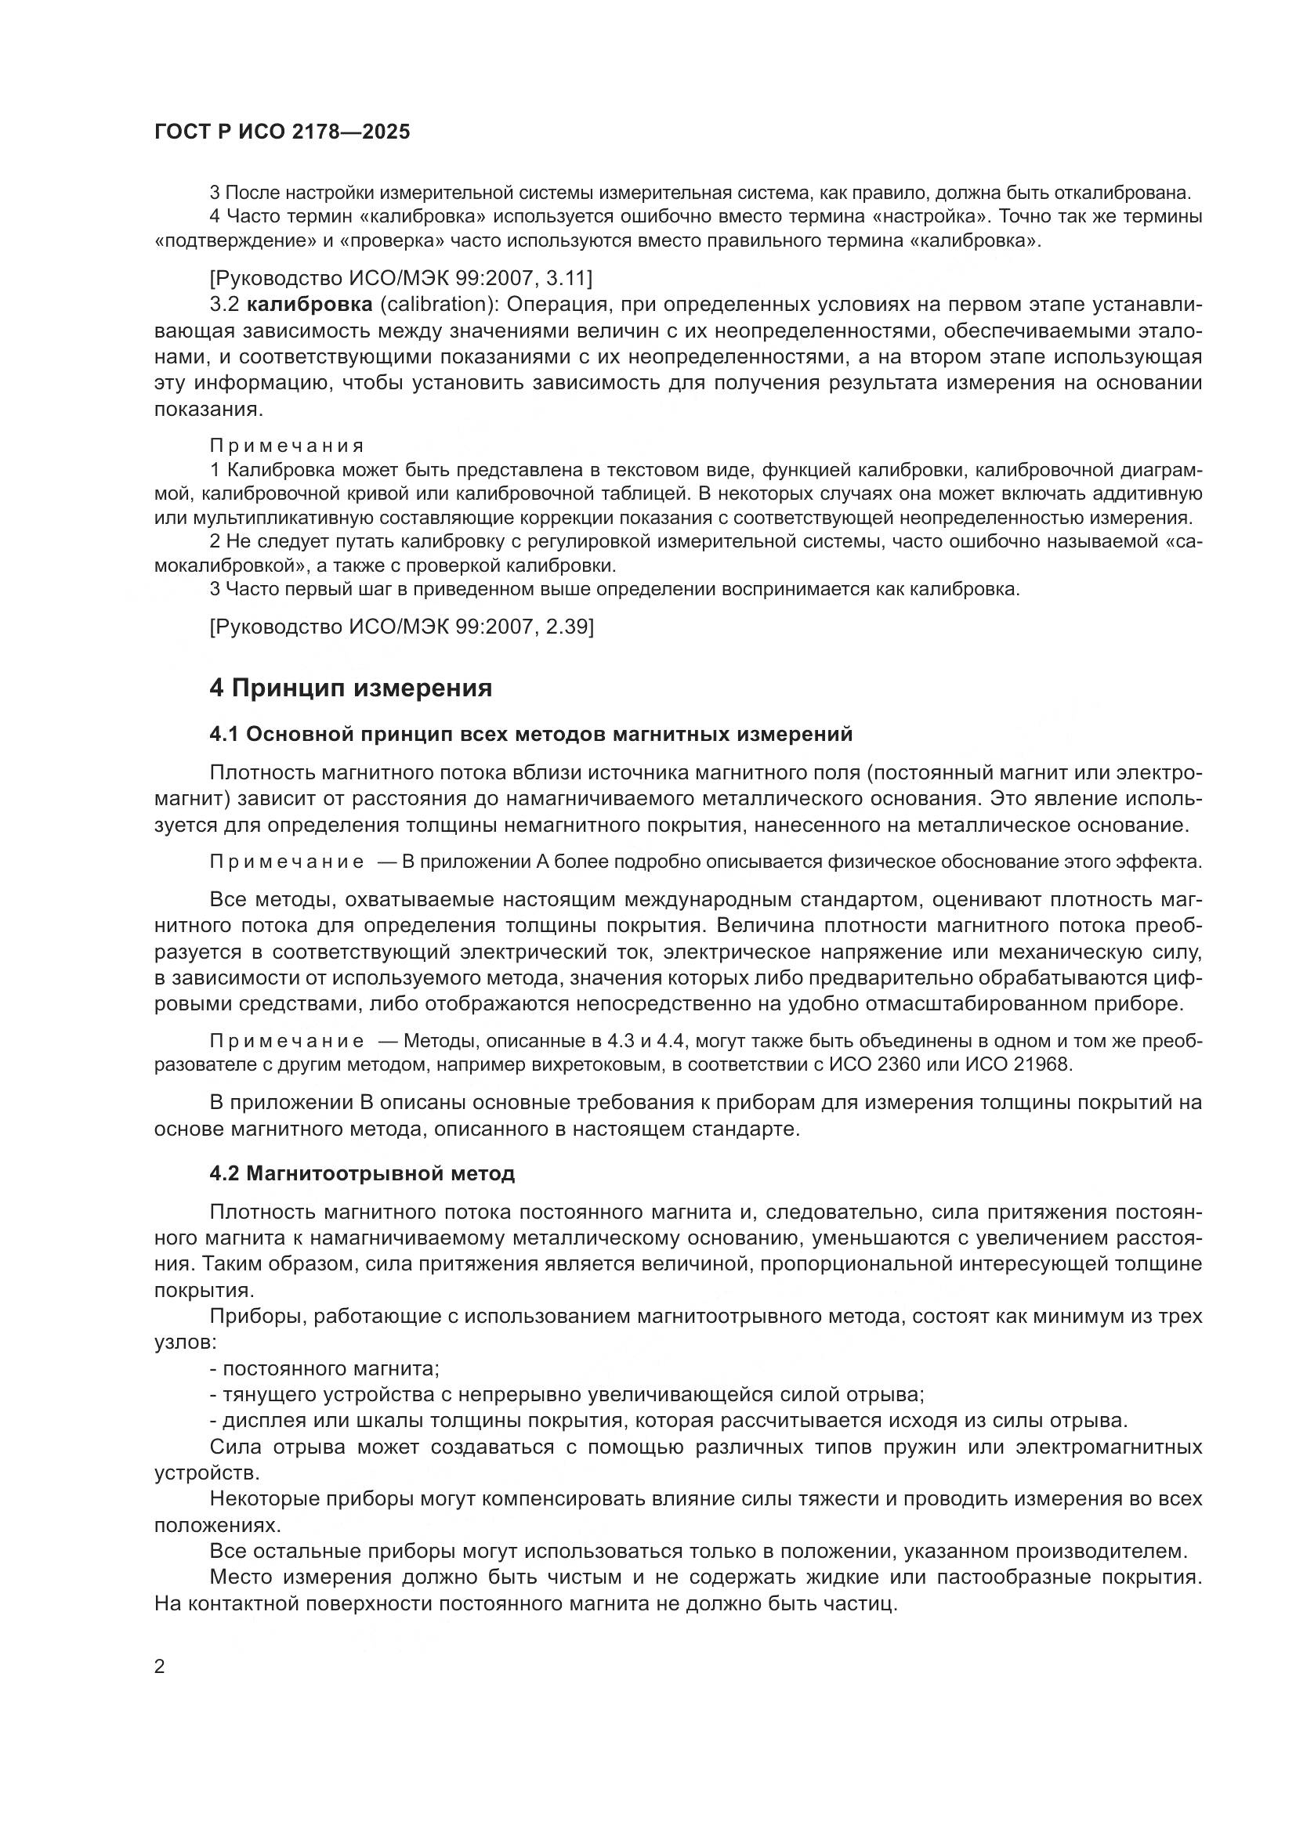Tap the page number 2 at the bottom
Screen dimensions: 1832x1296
click(x=159, y=1667)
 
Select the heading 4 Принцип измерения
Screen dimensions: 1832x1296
click(x=350, y=688)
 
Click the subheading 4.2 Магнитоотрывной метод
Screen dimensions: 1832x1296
click(x=361, y=1173)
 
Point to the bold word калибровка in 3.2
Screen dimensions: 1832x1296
click(x=310, y=304)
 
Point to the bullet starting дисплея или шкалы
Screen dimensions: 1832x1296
click(x=668, y=1421)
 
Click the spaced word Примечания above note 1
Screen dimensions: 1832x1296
click(x=287, y=445)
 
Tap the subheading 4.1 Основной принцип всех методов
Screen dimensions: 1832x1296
click(x=530, y=734)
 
